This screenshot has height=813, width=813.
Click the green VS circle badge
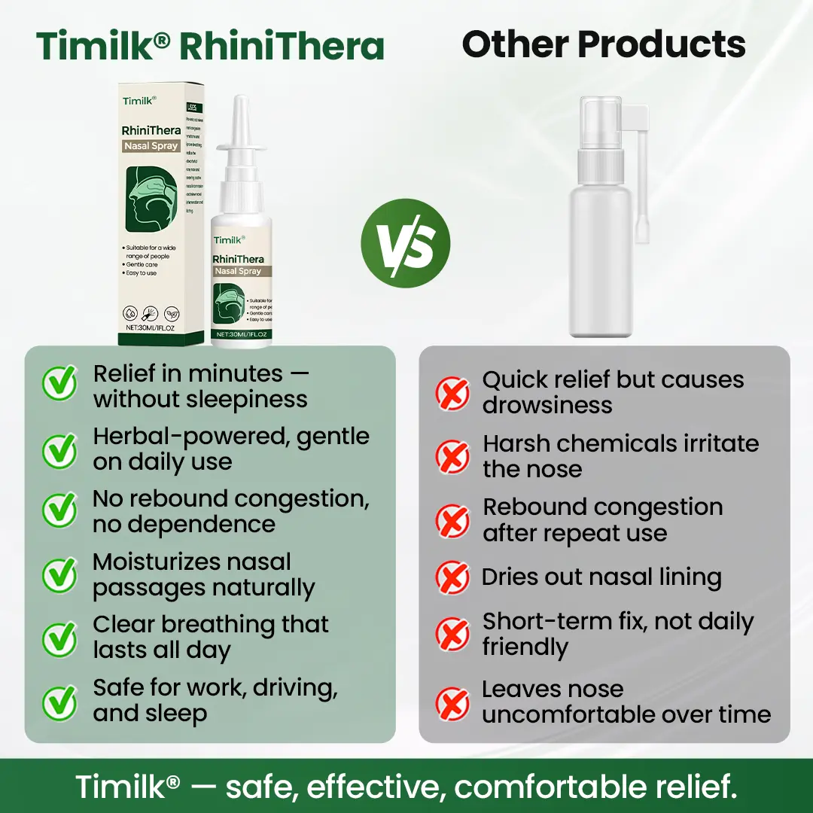(405, 243)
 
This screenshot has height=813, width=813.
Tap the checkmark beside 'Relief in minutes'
(59, 385)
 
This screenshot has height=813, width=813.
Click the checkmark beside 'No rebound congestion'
(59, 511)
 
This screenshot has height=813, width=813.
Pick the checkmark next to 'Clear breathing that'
(59, 638)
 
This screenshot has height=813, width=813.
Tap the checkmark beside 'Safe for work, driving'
(59, 701)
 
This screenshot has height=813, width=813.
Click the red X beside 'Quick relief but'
(453, 392)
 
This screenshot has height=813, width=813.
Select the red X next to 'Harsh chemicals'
(453, 456)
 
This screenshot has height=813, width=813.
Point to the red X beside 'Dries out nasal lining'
(453, 578)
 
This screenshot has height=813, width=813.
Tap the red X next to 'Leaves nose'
(453, 702)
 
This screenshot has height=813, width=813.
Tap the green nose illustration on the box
(151, 200)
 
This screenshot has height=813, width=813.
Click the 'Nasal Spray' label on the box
(151, 146)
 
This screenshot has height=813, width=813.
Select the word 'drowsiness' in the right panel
(547, 405)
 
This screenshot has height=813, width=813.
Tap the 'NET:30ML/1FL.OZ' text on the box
(150, 327)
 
